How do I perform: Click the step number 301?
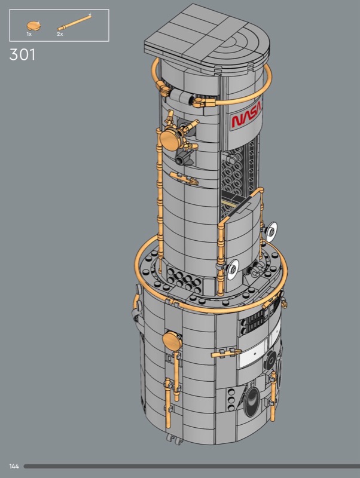pyautogui.click(x=22, y=55)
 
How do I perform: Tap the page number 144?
pyautogui.click(x=14, y=467)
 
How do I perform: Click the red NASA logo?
pyautogui.click(x=246, y=117)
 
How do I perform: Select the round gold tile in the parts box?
pyautogui.click(x=34, y=26)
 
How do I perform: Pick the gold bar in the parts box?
pyautogui.click(x=74, y=22)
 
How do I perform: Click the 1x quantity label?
pyautogui.click(x=29, y=34)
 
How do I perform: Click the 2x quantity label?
pyautogui.click(x=60, y=34)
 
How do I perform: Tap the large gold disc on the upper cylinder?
pyautogui.click(x=170, y=140)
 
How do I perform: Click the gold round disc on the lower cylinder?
pyautogui.click(x=172, y=341)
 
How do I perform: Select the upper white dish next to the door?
pyautogui.click(x=271, y=232)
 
